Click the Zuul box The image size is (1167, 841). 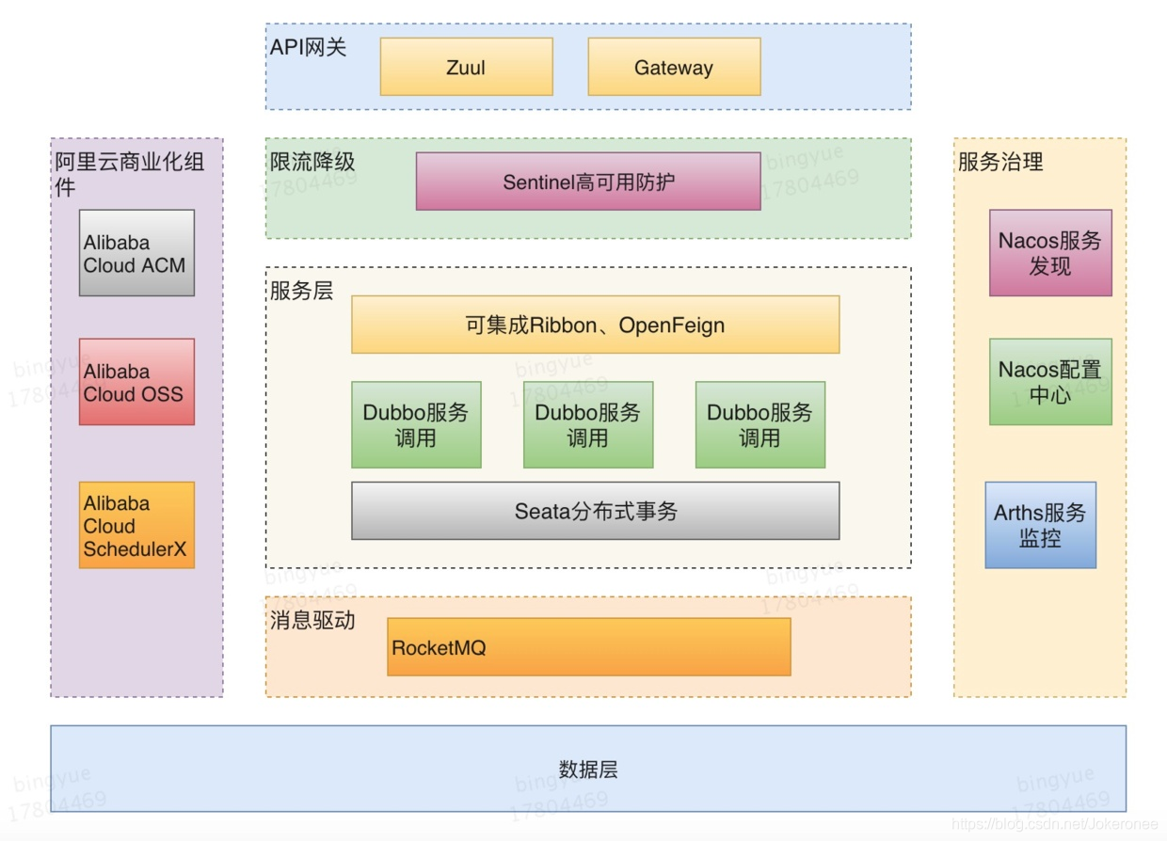[466, 67]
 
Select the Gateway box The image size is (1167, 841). [674, 67]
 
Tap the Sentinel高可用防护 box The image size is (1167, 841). [588, 182]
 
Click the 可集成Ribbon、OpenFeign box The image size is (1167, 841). [595, 325]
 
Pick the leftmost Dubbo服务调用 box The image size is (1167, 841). [416, 424]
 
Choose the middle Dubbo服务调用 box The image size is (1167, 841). [588, 424]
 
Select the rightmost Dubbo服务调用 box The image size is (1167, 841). [760, 424]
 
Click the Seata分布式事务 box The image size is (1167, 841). [595, 511]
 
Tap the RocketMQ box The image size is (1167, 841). [588, 647]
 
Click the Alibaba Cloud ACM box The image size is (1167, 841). [136, 253]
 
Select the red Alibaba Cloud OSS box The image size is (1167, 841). [136, 382]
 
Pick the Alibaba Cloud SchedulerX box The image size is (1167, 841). [136, 525]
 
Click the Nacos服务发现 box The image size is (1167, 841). [1050, 253]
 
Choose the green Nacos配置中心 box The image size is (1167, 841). [1050, 382]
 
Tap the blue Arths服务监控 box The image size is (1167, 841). [1040, 525]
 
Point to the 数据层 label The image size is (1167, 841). [588, 770]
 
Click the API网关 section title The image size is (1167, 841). [309, 47]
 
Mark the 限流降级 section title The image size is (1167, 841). [312, 162]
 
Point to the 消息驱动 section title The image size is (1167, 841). [312, 620]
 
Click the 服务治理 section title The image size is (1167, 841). [1000, 162]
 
